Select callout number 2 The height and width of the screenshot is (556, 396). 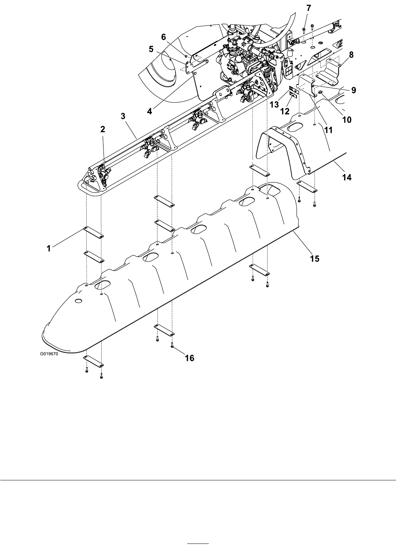pos(103,129)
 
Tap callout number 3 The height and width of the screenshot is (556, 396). pos(123,116)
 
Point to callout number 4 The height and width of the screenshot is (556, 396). pos(150,111)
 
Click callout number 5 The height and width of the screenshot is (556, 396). pos(151,49)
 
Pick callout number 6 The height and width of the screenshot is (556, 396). pos(164,37)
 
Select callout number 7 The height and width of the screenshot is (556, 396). pos(309,8)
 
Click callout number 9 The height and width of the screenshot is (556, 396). pos(354,90)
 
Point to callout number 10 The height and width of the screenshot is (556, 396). pos(347,120)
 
